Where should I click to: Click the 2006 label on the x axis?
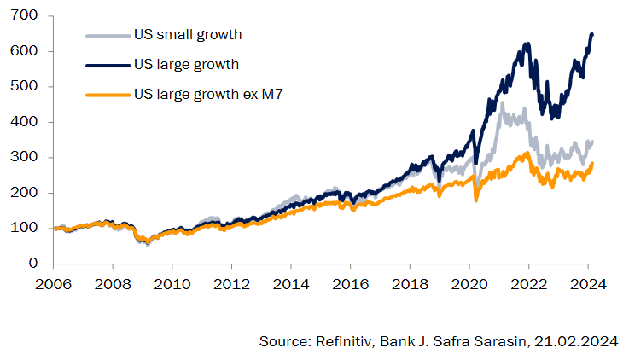tap(53, 286)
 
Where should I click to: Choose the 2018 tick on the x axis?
tap(411, 286)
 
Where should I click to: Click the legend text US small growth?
tap(188, 35)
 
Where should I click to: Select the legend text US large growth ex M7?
tap(208, 93)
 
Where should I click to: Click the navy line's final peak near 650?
tap(592, 34)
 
